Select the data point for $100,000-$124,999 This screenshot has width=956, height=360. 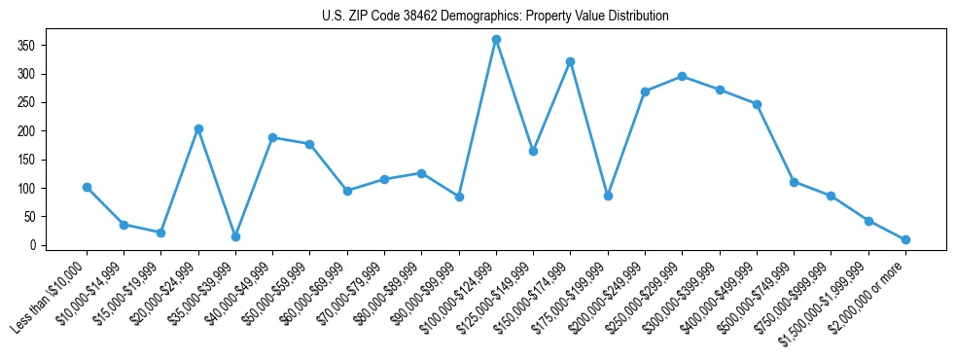point(496,39)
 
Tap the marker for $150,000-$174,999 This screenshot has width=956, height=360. point(571,61)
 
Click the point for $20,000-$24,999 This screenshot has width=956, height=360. point(198,128)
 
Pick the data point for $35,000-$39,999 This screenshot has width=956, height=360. point(235,236)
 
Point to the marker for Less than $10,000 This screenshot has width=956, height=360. point(87,187)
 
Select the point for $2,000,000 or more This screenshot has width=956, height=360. point(905,239)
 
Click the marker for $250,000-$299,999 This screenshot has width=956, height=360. point(683,76)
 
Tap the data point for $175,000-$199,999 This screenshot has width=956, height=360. point(608,196)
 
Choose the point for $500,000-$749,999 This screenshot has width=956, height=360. point(795,182)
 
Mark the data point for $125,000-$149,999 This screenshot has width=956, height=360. point(533,151)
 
